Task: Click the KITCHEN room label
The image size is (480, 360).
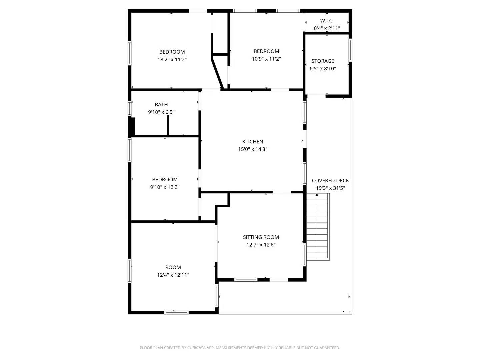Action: click(x=253, y=142)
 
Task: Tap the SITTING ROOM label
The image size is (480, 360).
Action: click(x=261, y=237)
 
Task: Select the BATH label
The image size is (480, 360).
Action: click(x=161, y=105)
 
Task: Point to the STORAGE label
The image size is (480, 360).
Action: click(x=323, y=61)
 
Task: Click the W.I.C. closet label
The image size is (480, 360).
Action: click(x=327, y=21)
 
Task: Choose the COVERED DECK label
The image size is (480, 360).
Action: click(x=330, y=180)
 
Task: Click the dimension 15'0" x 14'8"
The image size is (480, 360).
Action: click(x=253, y=149)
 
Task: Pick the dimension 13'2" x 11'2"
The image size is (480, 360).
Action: click(x=172, y=60)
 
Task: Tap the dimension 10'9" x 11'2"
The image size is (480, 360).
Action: click(x=266, y=59)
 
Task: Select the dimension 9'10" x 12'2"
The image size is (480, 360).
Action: click(x=165, y=187)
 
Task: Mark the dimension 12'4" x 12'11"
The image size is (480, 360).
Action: click(x=173, y=275)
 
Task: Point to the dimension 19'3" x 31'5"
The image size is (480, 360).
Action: click(x=330, y=188)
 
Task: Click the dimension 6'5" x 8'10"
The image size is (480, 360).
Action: click(x=323, y=69)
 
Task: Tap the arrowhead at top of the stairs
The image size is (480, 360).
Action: click(x=317, y=195)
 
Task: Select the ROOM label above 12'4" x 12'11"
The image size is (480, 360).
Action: click(x=173, y=267)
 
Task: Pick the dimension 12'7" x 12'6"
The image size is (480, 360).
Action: click(x=261, y=245)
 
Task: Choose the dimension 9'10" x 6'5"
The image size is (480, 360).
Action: click(x=161, y=112)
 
